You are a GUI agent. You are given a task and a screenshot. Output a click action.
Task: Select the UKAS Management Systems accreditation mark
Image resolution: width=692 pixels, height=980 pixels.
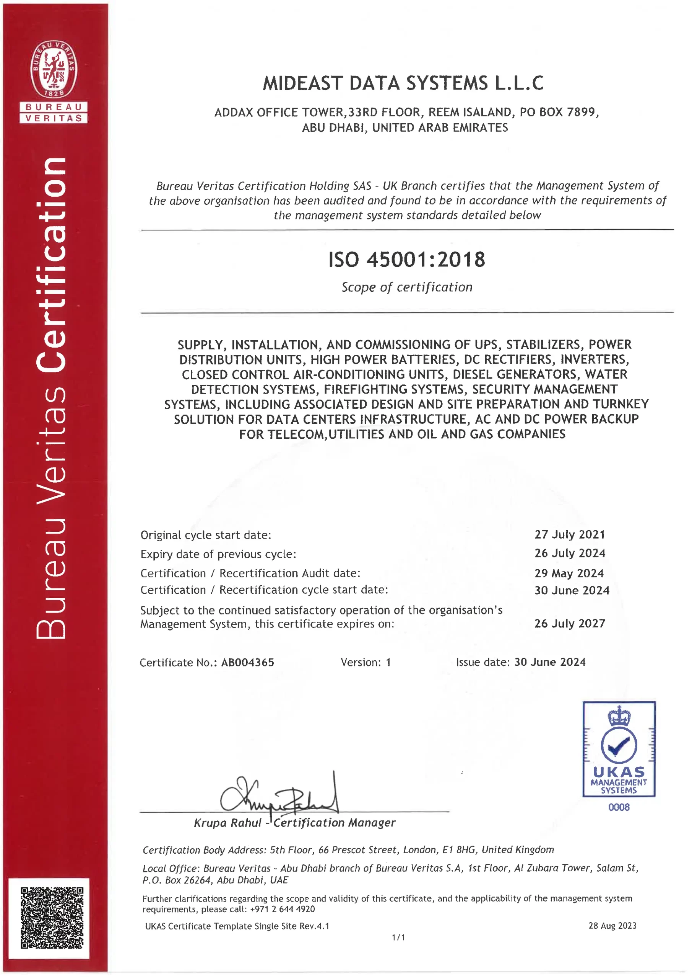tap(619, 749)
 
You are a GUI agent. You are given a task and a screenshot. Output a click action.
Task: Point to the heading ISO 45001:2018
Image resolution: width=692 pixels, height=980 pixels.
tap(406, 260)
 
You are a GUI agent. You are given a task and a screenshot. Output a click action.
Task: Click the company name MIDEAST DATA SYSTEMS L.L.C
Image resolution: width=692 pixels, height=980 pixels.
tap(403, 83)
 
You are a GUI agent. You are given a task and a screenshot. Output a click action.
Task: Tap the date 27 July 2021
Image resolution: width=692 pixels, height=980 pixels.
tap(570, 534)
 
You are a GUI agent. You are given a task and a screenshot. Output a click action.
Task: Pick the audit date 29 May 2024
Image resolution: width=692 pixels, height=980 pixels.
tap(569, 573)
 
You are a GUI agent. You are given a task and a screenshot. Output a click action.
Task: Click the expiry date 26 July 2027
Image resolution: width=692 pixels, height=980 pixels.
tap(570, 624)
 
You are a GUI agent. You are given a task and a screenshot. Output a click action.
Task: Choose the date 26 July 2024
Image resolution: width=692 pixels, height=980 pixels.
tap(570, 553)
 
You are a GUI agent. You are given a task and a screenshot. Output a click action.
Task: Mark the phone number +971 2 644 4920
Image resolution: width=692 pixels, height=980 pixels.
tap(282, 909)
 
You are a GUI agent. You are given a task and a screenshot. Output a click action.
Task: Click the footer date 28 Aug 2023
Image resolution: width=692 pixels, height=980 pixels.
tap(612, 926)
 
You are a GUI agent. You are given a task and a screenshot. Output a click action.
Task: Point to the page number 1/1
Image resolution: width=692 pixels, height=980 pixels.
tap(398, 938)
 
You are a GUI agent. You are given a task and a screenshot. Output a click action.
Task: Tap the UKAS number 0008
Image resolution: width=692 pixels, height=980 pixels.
tap(619, 807)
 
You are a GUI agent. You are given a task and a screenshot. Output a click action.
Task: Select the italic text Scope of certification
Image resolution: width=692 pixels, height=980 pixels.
tap(407, 287)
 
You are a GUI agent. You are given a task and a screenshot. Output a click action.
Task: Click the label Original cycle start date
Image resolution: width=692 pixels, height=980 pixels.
tap(206, 535)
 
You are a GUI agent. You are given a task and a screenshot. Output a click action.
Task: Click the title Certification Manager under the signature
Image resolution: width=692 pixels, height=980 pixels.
tap(334, 823)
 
